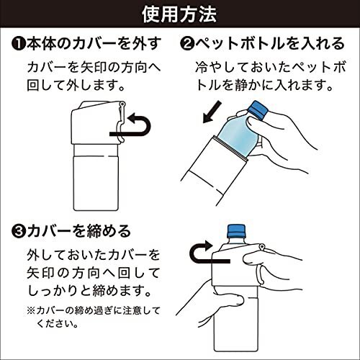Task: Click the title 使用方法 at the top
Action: click(x=179, y=14)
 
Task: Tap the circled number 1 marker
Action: click(x=19, y=45)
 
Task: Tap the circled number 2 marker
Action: click(x=187, y=45)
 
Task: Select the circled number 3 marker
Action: click(x=19, y=232)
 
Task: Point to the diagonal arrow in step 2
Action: click(x=212, y=112)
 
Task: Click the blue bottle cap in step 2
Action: click(x=258, y=109)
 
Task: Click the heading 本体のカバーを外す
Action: click(x=94, y=45)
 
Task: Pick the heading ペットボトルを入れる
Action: click(x=270, y=45)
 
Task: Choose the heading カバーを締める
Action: click(x=78, y=232)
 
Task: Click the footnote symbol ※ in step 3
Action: click(x=31, y=311)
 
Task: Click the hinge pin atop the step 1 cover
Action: click(x=122, y=104)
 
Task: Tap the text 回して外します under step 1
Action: click(x=76, y=86)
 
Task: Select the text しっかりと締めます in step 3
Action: click(x=89, y=291)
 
